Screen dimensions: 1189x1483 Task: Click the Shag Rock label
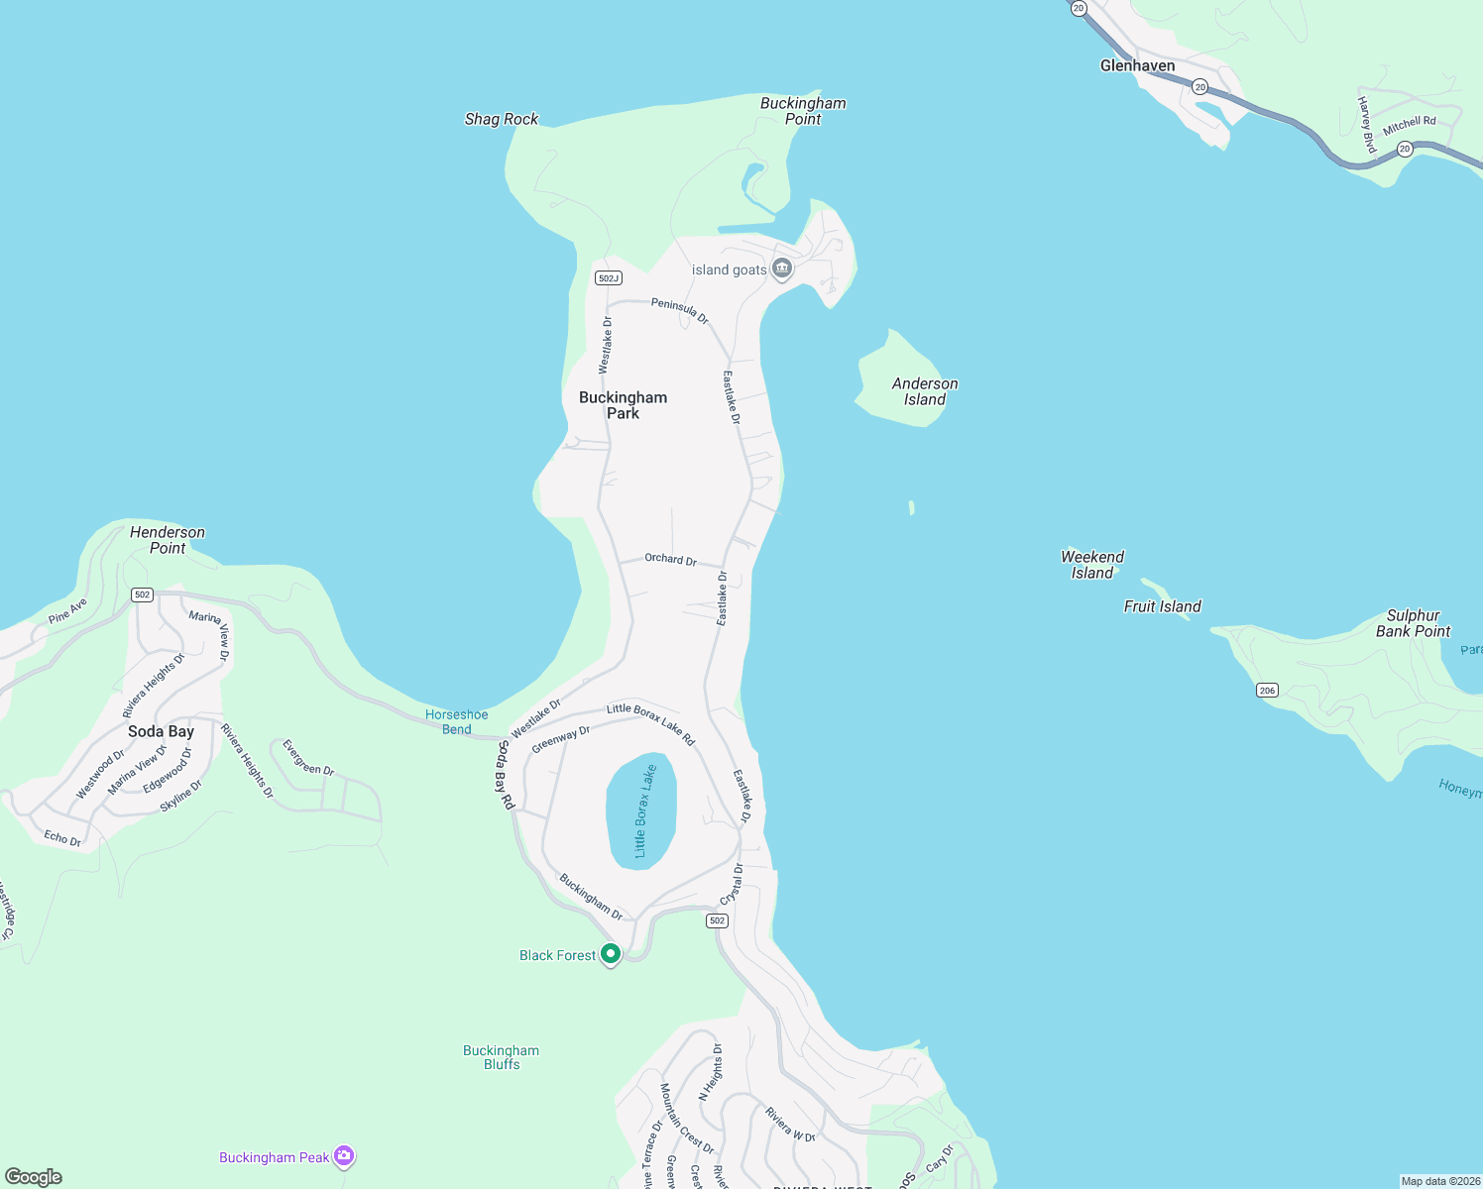pos(502,119)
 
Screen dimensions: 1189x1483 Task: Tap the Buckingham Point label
pos(803,111)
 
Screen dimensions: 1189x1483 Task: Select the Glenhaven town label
pos(1137,65)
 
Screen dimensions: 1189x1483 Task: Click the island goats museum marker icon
pos(782,269)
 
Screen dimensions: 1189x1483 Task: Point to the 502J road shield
pos(609,278)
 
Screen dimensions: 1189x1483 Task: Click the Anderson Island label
pos(925,391)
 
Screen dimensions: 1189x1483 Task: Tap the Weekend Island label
pos(1092,565)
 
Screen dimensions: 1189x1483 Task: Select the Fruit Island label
pos(1162,606)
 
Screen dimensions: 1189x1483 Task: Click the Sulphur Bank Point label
pos(1413,623)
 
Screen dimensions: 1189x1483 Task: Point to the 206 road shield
pos(1267,691)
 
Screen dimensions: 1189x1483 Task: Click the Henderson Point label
pos(168,540)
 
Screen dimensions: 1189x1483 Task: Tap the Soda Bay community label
pos(161,731)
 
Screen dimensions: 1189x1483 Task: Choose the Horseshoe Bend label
pos(457,721)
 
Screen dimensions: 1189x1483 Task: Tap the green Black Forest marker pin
pos(611,953)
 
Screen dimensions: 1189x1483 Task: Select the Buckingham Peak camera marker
pos(344,1155)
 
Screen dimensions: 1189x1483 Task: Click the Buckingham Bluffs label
pos(502,1057)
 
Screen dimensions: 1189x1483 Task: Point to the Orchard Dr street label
pos(670,559)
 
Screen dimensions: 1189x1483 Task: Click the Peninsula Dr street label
pos(680,310)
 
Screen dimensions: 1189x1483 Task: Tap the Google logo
pos(34,1177)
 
